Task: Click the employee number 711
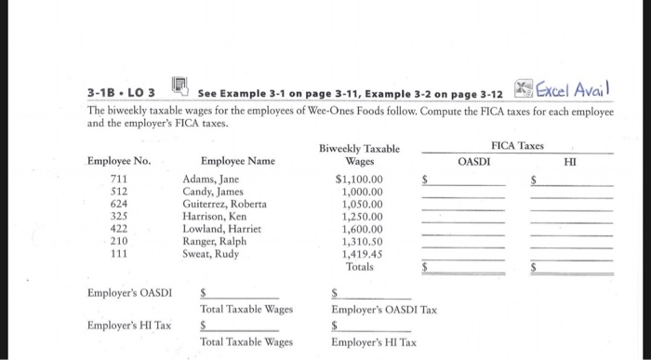tap(118, 179)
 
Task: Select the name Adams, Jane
tap(211, 179)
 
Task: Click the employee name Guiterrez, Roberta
tap(224, 204)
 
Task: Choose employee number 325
tap(118, 216)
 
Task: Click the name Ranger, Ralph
tap(217, 241)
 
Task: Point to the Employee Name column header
tap(237, 161)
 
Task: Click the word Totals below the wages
tap(359, 267)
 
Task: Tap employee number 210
tap(118, 241)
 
